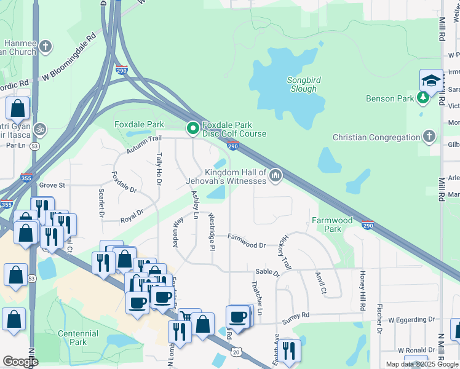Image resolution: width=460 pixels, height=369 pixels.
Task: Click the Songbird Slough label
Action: click(302, 84)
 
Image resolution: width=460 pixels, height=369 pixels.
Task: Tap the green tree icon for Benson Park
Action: click(422, 98)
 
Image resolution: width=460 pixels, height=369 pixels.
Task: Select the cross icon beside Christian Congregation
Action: click(429, 137)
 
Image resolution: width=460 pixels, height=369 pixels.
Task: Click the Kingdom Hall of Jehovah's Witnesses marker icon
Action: click(276, 177)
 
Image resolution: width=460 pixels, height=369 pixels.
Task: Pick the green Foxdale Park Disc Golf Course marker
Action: click(192, 129)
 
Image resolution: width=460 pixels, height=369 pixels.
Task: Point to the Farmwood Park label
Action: click(332, 224)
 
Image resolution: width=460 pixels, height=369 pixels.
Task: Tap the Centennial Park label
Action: click(78, 338)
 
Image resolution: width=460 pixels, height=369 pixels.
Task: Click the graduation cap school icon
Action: click(431, 81)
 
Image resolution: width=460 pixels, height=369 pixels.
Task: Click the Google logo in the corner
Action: click(20, 362)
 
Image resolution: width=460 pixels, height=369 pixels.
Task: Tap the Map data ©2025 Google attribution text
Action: click(421, 364)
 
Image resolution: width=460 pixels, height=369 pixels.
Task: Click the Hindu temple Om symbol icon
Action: click(40, 129)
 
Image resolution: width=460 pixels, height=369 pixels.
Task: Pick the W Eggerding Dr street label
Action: click(411, 320)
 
